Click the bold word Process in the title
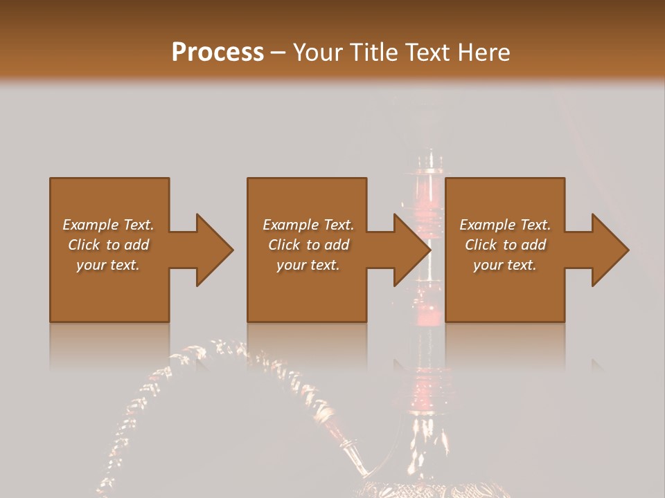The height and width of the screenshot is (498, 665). pyautogui.click(x=218, y=53)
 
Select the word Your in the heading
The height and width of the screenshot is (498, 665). pyautogui.click(x=319, y=53)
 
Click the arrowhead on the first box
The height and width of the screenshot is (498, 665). pyautogui.click(x=211, y=250)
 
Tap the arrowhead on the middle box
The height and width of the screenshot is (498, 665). pyautogui.click(x=409, y=250)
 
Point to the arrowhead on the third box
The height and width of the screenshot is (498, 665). pyautogui.click(x=607, y=250)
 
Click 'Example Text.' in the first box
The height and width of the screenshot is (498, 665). pyautogui.click(x=108, y=225)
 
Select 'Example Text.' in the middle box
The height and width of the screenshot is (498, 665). pyautogui.click(x=308, y=225)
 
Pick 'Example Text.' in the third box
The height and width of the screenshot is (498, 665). pyautogui.click(x=505, y=225)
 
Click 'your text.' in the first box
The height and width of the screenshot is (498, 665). pyautogui.click(x=108, y=265)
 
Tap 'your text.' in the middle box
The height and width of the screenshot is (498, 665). pyautogui.click(x=308, y=265)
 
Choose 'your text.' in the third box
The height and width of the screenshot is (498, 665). pyautogui.click(x=505, y=265)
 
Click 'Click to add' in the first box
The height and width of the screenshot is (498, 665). pyautogui.click(x=108, y=245)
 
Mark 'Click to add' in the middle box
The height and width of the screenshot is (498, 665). pyautogui.click(x=308, y=245)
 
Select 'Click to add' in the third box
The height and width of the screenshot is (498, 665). pyautogui.click(x=505, y=245)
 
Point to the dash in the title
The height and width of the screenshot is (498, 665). pyautogui.click(x=278, y=53)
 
